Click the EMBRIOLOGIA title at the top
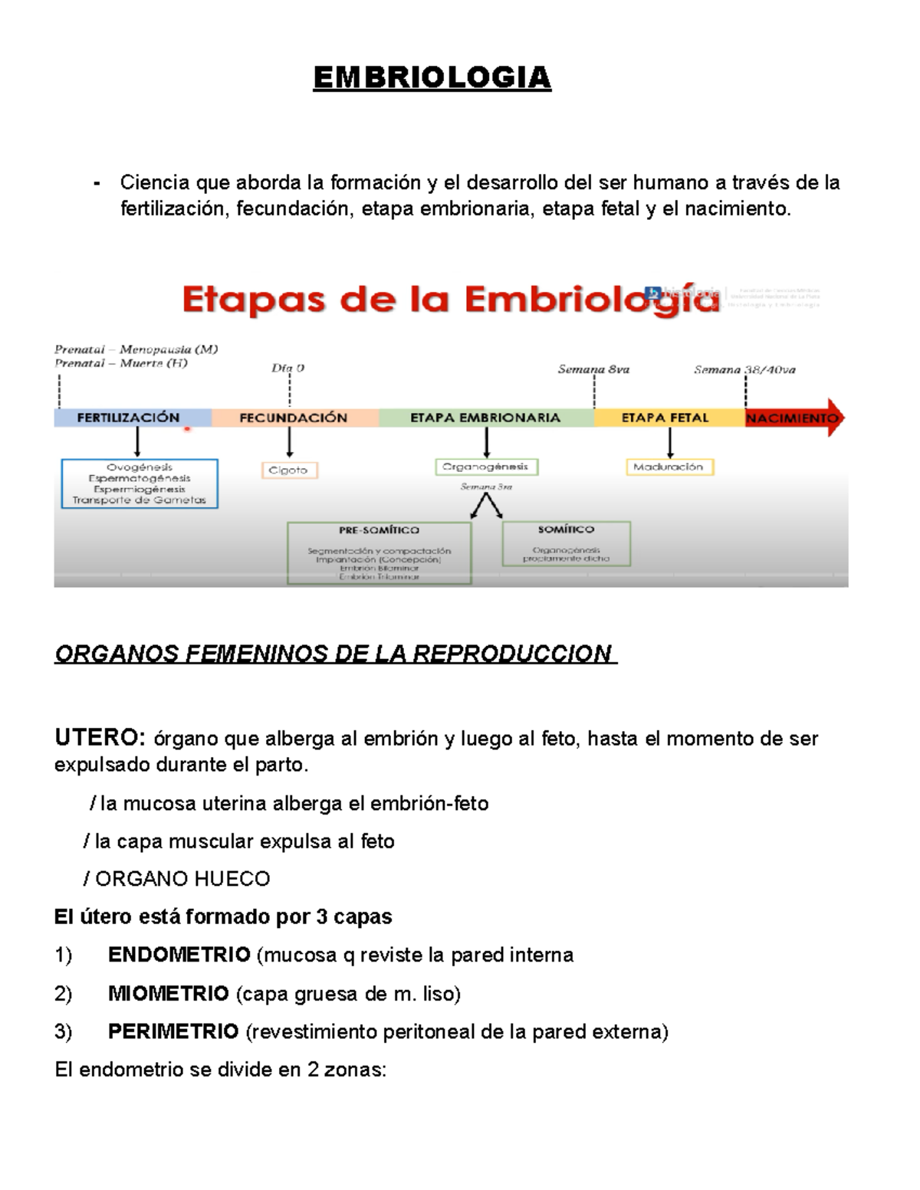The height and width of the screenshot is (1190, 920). pyautogui.click(x=432, y=77)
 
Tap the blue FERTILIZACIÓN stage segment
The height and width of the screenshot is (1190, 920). pyautogui.click(x=128, y=418)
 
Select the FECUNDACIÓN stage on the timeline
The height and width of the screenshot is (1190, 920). pyautogui.click(x=294, y=418)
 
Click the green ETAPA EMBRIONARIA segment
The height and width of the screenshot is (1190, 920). pyautogui.click(x=485, y=418)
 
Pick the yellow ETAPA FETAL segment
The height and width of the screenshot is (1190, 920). pyautogui.click(x=665, y=418)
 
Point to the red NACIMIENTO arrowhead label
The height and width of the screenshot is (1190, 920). pyautogui.click(x=793, y=418)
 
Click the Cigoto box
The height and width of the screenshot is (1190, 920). pyautogui.click(x=288, y=470)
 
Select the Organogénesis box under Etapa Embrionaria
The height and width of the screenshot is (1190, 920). pyautogui.click(x=486, y=466)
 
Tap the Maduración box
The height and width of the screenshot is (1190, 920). pyautogui.click(x=669, y=467)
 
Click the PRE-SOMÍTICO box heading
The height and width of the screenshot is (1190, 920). pyautogui.click(x=379, y=529)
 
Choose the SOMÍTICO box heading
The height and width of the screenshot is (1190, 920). pyautogui.click(x=566, y=529)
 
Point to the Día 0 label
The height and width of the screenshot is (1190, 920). pyautogui.click(x=288, y=368)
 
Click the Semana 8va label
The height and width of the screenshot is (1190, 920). pyautogui.click(x=593, y=369)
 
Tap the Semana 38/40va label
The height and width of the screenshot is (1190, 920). pyautogui.click(x=744, y=369)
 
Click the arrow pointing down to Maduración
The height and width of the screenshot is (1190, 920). pyautogui.click(x=670, y=443)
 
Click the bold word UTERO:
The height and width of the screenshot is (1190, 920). pyautogui.click(x=99, y=738)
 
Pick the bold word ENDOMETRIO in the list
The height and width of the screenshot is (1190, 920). pyautogui.click(x=179, y=955)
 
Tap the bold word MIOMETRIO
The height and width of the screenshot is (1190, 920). pyautogui.click(x=169, y=994)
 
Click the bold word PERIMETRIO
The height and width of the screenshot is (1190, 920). pyautogui.click(x=173, y=1031)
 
